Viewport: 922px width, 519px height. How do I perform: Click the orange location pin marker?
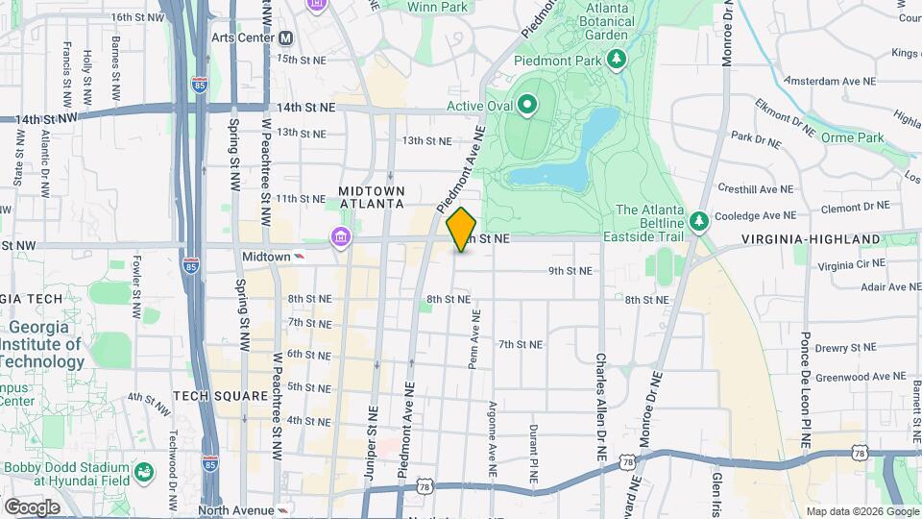tap(462, 229)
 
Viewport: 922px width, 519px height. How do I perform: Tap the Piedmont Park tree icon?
tap(617, 61)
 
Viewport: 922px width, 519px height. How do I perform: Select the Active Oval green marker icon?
tap(527, 104)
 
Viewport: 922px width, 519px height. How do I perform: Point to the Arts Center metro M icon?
tap(285, 38)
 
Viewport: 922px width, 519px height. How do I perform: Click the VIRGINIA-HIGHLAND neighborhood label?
tap(812, 238)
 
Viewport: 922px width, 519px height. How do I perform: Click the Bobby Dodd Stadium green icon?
tap(143, 472)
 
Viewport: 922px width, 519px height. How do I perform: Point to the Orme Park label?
tap(852, 137)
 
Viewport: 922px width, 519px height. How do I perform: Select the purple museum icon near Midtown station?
tap(339, 237)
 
